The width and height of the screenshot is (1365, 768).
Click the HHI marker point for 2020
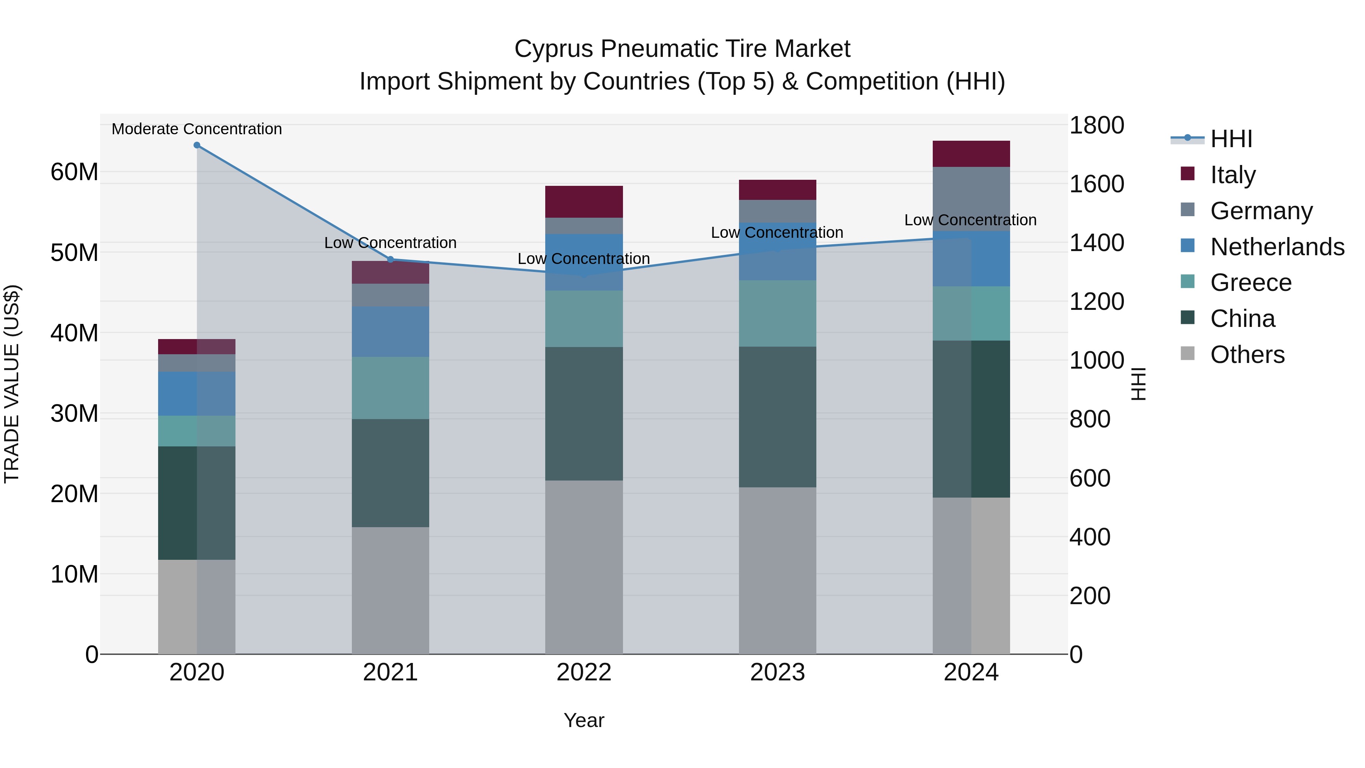(196, 145)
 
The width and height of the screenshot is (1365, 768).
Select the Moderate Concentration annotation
(196, 129)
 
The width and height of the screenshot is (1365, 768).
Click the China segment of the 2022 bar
(584, 414)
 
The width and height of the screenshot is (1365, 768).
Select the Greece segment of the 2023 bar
(777, 314)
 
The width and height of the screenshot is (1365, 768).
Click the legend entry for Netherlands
(1277, 247)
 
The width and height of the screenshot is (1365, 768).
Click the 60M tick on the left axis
(74, 172)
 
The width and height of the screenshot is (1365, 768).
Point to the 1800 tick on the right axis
(1096, 126)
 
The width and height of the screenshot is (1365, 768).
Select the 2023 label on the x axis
(777, 672)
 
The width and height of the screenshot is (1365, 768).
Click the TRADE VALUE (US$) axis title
(12, 384)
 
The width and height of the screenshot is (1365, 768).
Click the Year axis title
(584, 720)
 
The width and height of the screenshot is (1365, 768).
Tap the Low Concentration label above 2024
(970, 220)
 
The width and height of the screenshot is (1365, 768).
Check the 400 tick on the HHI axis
(1089, 537)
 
